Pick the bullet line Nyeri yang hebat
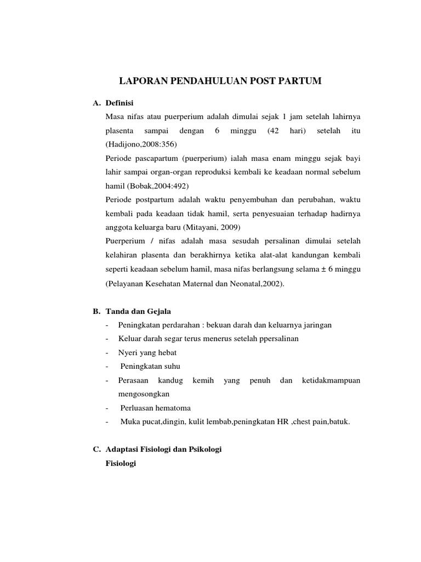click(x=147, y=352)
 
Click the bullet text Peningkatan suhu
click(x=151, y=366)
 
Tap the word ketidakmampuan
click(x=331, y=380)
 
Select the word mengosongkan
click(x=144, y=394)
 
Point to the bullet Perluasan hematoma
click(x=156, y=408)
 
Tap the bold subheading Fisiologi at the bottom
click(x=121, y=463)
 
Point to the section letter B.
click(x=95, y=311)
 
